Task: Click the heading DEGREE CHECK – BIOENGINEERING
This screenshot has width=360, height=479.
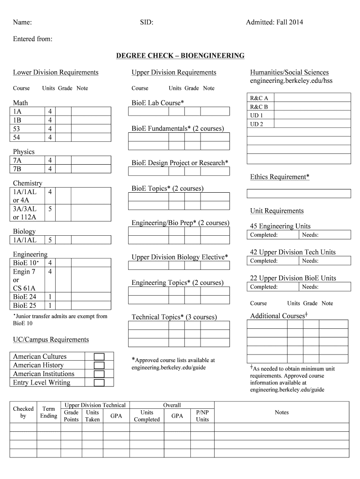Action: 180,56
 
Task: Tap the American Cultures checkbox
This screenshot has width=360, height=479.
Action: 99,356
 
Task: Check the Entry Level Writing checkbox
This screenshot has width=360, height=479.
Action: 99,383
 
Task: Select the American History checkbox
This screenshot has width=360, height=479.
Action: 99,365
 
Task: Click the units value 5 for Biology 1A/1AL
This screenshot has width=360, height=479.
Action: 50,240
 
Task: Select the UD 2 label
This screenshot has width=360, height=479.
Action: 257,124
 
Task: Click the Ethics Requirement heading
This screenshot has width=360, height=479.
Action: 280,177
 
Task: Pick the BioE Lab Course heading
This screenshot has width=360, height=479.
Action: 158,102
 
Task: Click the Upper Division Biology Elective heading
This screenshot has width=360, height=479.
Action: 180,257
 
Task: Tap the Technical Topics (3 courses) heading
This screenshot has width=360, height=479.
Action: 174,317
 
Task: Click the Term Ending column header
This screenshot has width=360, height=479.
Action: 49,412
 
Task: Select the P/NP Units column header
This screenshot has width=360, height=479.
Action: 202,416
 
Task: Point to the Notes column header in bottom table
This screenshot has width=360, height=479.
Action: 281,412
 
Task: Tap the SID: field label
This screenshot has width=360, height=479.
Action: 146,22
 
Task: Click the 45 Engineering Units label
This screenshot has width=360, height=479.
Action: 280,226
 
